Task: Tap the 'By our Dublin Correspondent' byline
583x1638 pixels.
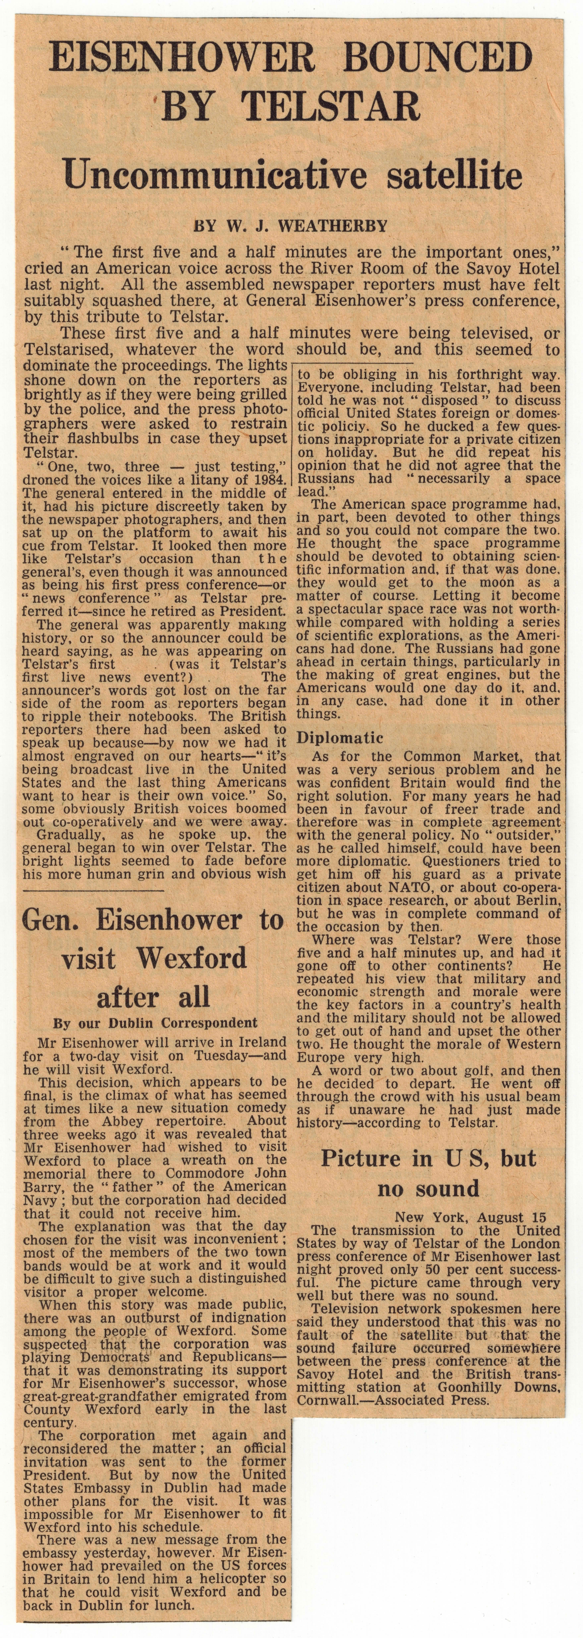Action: [x=155, y=1023]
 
